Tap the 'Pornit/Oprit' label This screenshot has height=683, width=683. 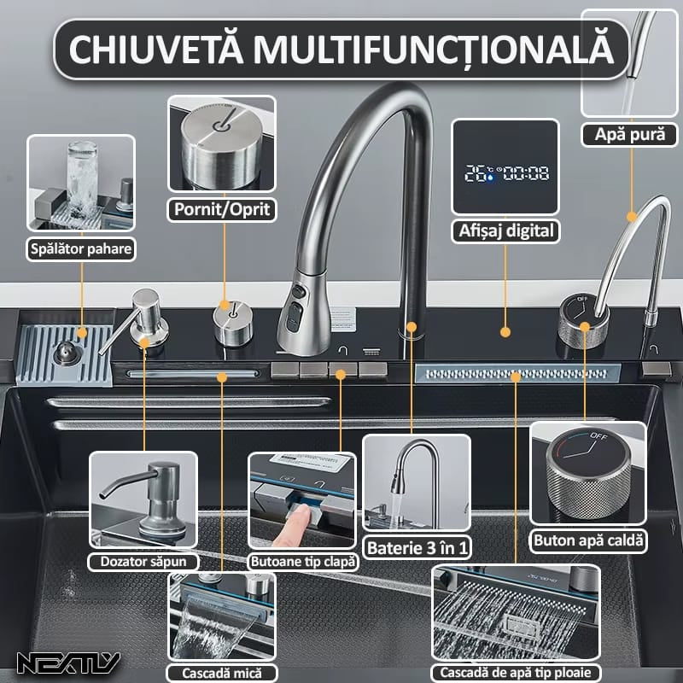(223, 208)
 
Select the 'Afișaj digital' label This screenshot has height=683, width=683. (505, 230)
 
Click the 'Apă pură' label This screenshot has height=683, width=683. (629, 134)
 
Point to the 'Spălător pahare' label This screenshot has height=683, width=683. (80, 248)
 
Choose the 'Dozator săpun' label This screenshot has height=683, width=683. (143, 561)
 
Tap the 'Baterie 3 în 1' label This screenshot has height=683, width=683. (416, 547)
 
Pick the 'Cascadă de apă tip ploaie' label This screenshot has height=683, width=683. (515, 671)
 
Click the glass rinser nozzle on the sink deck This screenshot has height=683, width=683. (63, 353)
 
